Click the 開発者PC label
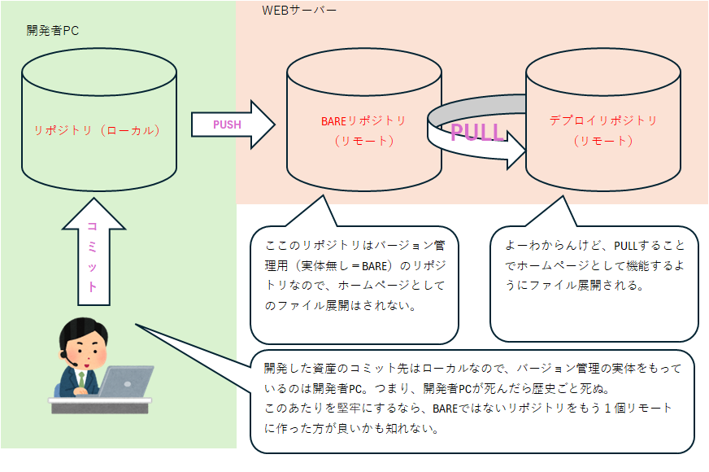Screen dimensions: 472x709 click(x=52, y=31)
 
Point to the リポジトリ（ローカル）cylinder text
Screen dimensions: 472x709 click(x=98, y=129)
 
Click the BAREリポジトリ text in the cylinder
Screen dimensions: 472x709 click(x=363, y=121)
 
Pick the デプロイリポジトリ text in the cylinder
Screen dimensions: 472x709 click(x=602, y=120)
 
